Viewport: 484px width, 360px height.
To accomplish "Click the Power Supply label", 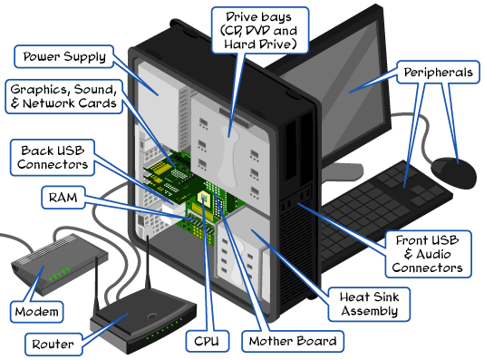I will [x=63, y=57].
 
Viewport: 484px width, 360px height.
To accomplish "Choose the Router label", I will [x=52, y=344].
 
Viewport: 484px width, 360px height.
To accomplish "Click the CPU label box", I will [x=204, y=341].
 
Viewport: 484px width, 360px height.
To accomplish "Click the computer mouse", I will [x=453, y=168].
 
